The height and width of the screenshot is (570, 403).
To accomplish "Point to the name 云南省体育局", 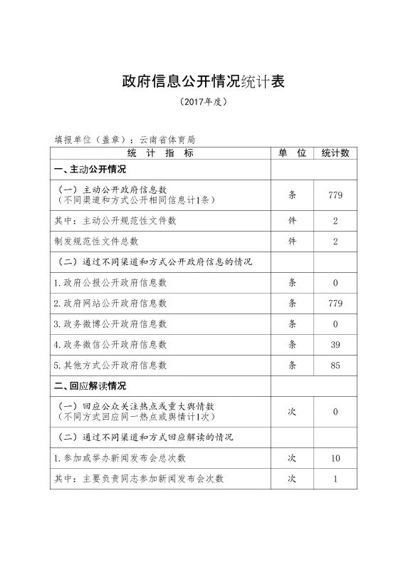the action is click(x=167, y=140).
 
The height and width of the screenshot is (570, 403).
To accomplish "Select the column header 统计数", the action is click(x=335, y=153).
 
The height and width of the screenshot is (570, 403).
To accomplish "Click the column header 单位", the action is click(x=292, y=153).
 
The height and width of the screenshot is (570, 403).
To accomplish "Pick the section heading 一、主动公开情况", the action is click(x=90, y=170).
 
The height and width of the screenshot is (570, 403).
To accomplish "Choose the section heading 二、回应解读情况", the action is click(x=90, y=386).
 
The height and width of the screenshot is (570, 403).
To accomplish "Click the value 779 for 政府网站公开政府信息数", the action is click(x=335, y=303).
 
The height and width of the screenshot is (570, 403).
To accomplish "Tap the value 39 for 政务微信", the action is click(x=335, y=344).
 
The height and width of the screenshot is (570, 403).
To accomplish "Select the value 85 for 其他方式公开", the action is click(x=335, y=366).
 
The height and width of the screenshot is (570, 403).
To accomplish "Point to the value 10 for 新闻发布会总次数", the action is click(x=335, y=458).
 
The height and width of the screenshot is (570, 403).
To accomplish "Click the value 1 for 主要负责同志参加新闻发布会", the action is click(x=335, y=479).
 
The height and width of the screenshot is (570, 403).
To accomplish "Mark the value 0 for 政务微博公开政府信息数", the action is click(x=335, y=323).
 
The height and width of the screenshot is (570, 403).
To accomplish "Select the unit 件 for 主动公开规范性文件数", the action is click(x=292, y=221).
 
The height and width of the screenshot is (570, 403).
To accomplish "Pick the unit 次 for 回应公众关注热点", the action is click(x=292, y=412).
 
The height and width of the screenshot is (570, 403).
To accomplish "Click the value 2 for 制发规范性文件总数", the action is click(x=335, y=242).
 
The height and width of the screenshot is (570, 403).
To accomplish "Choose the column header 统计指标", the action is click(x=160, y=153).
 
